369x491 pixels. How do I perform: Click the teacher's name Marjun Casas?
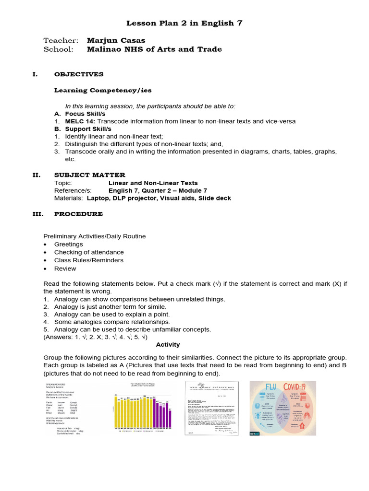[x=116, y=40]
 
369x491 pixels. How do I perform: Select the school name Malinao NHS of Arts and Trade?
[x=154, y=49]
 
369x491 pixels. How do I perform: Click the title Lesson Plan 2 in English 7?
[x=184, y=23]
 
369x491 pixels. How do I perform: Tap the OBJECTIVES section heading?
[x=78, y=74]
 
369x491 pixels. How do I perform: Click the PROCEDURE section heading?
[x=78, y=214]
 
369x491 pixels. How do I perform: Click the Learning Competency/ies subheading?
[x=96, y=90]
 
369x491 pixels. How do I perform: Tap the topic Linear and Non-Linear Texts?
[x=153, y=183]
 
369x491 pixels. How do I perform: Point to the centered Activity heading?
[x=168, y=344]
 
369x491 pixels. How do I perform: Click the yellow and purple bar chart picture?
[x=143, y=408]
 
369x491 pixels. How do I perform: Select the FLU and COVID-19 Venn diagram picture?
[x=283, y=408]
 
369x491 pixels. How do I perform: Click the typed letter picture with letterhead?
[x=212, y=408]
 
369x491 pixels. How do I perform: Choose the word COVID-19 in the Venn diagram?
[x=297, y=387]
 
